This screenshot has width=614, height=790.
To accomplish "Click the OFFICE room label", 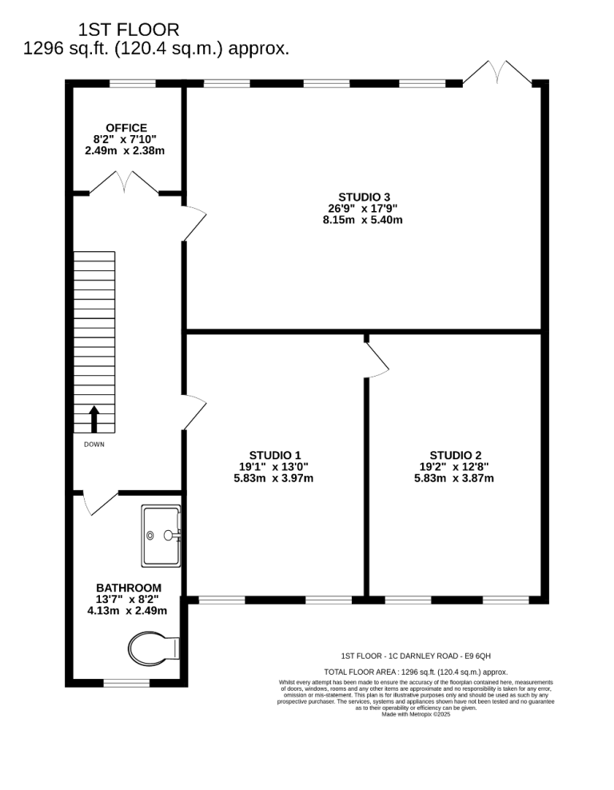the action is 126,128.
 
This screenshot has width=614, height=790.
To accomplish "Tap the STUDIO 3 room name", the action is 365,197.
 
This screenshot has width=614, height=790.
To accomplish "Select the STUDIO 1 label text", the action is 275,456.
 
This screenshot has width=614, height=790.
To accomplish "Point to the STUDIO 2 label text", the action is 456,456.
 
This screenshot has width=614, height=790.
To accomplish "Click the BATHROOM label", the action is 129,588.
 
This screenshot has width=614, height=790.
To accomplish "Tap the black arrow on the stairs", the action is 94,419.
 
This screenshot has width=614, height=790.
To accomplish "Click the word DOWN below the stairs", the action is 94,445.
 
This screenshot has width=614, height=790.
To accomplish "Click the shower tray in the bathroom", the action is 161,536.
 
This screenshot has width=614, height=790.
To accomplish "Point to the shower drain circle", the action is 150,536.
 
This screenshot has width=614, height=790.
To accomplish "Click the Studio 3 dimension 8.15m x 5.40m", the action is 363,220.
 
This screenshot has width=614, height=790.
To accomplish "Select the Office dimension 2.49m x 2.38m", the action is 125,150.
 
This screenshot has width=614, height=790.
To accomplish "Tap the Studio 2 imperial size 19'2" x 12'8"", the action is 454,467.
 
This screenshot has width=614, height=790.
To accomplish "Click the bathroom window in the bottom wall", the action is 126,683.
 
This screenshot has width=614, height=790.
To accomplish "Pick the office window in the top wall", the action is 133,84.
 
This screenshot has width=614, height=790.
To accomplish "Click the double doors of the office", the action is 124,182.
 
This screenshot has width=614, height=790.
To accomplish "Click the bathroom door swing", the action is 100,504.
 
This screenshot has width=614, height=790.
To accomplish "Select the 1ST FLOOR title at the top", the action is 129,30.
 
